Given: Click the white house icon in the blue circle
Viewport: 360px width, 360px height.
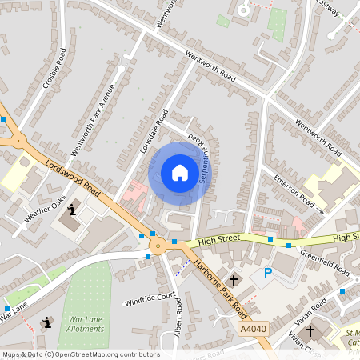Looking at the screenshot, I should (x=180, y=173).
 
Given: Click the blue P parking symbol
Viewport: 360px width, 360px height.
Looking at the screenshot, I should (x=267, y=274).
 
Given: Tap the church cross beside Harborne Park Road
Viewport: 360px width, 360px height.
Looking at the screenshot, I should (x=234, y=280).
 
